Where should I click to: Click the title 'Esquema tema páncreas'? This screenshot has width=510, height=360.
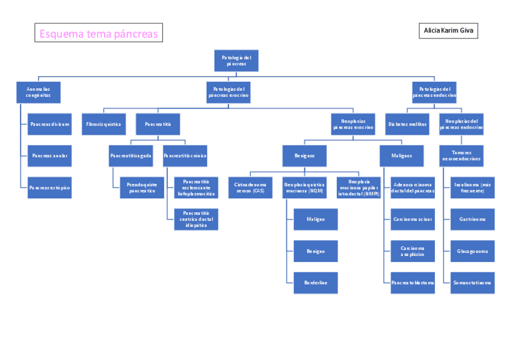click(99, 34)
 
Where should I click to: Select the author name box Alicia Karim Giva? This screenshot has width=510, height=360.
click(448, 31)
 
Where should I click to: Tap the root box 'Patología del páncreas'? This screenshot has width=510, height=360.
click(236, 60)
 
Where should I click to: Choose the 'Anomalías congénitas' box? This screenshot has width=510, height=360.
click(38, 91)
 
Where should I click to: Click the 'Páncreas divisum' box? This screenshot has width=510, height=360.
click(50, 124)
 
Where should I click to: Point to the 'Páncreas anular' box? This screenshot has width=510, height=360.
click(50, 156)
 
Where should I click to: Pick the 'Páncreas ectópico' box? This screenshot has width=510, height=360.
click(50, 188)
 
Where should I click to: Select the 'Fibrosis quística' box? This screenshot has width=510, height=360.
click(103, 124)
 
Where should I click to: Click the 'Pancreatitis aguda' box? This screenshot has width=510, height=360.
click(131, 156)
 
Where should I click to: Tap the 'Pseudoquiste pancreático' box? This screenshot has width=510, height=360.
click(142, 188)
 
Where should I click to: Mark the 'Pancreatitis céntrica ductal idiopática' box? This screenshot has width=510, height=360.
click(196, 219)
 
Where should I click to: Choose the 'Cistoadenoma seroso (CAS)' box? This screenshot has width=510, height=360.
click(250, 188)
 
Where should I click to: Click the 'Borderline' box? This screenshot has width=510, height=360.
click(315, 282)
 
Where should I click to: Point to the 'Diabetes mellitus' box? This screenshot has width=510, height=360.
click(407, 124)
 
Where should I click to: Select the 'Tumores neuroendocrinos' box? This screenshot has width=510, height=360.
click(461, 156)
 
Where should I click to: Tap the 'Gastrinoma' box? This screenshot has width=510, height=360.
click(472, 219)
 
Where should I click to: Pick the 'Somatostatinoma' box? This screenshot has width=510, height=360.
click(472, 282)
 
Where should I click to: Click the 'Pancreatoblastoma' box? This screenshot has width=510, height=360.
click(413, 282)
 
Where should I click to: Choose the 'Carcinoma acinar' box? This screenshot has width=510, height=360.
click(413, 219)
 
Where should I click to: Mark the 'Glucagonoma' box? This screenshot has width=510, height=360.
click(472, 251)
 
